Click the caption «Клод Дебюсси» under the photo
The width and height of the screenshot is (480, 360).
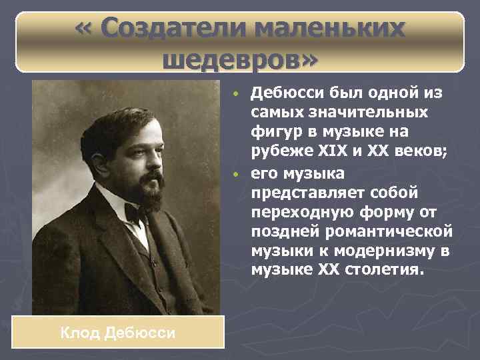coord(118,332)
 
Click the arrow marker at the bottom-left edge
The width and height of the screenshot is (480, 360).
coord(9,327)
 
